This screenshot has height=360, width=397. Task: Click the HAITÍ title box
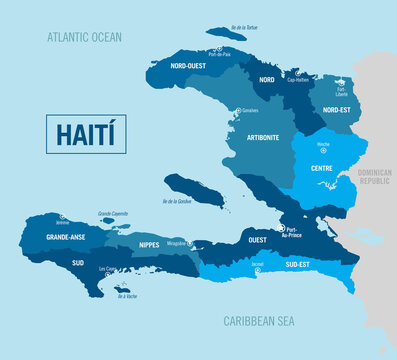(86, 134)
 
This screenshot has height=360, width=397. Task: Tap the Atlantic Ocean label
(84, 37)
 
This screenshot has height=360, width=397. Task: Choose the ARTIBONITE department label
(262, 136)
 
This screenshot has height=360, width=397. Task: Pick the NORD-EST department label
(338, 112)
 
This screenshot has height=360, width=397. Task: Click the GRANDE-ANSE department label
(65, 237)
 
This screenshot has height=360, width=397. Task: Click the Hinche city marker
(323, 151)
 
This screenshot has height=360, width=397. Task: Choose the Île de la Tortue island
(227, 33)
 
